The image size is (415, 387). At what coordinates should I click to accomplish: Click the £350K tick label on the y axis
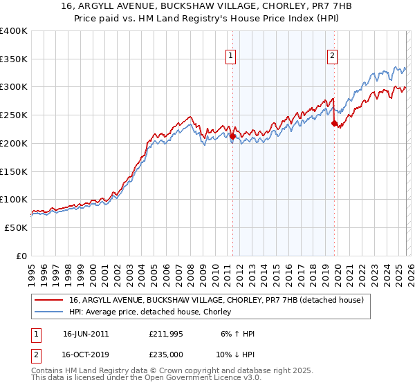click(x=14, y=59)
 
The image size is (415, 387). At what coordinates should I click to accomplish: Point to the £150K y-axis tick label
click(x=14, y=171)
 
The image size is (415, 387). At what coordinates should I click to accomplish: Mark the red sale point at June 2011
click(x=232, y=137)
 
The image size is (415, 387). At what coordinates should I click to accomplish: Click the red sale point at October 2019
click(x=335, y=124)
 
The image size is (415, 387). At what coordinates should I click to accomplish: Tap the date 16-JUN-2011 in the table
click(x=86, y=334)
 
